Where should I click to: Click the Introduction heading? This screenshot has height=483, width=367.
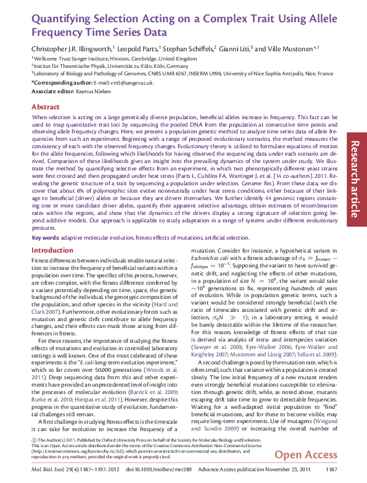52,250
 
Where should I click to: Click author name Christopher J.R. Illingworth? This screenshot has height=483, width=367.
72,48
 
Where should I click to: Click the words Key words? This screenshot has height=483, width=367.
46,238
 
